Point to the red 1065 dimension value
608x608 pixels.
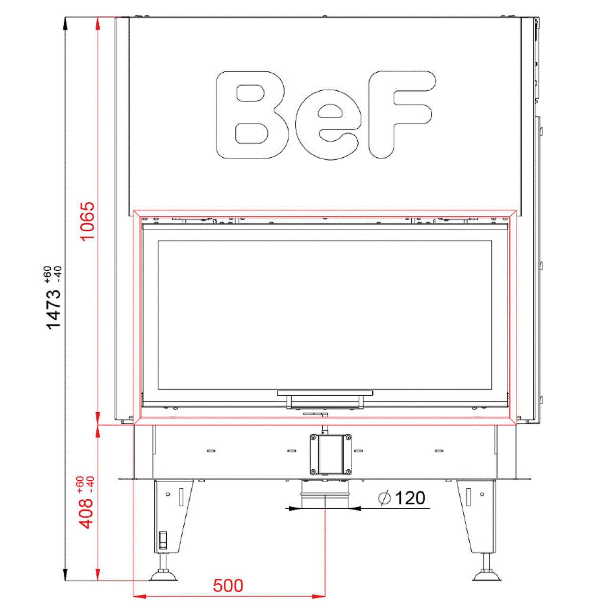(87, 221)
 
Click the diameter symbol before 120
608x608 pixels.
(384, 499)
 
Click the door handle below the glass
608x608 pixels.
(325, 399)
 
